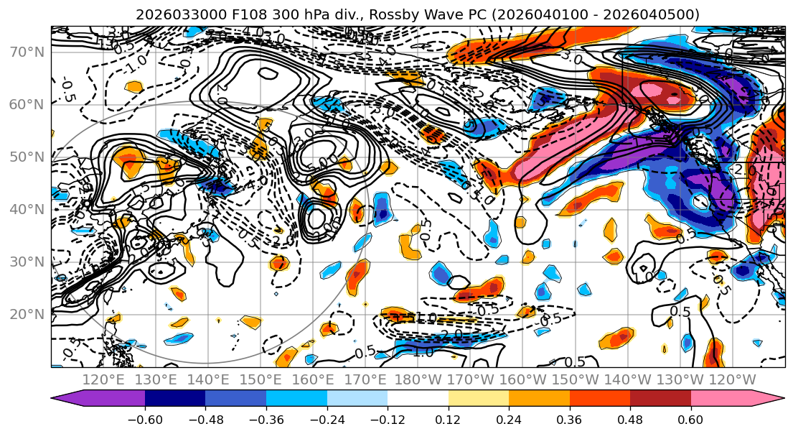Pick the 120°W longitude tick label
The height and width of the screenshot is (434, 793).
pos(731,380)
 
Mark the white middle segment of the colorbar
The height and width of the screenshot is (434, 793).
pos(418,399)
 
